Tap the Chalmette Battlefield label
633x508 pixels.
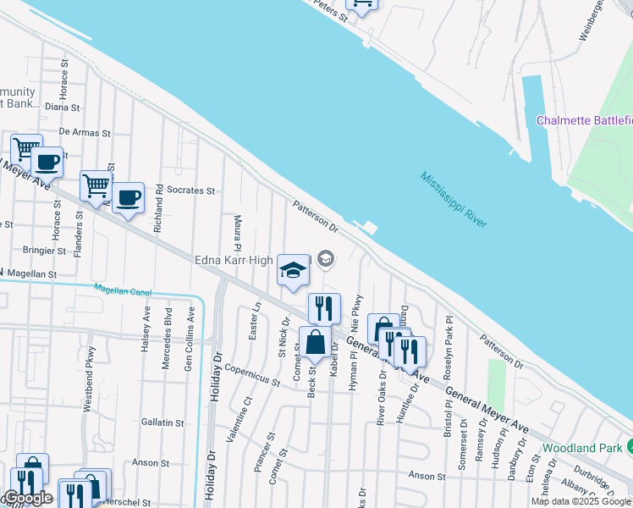coord(584,121)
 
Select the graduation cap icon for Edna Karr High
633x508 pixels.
coord(293,271)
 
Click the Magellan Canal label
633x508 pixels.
coord(123,292)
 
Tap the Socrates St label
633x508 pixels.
coord(190,190)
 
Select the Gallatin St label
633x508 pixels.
coord(162,422)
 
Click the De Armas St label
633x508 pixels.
coord(85,133)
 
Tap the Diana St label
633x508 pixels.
coord(62,108)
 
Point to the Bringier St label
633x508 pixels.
coord(44,251)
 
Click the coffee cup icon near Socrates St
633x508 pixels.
coord(128,198)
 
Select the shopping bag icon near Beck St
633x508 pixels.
coord(315,344)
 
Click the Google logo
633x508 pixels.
coord(28,499)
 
